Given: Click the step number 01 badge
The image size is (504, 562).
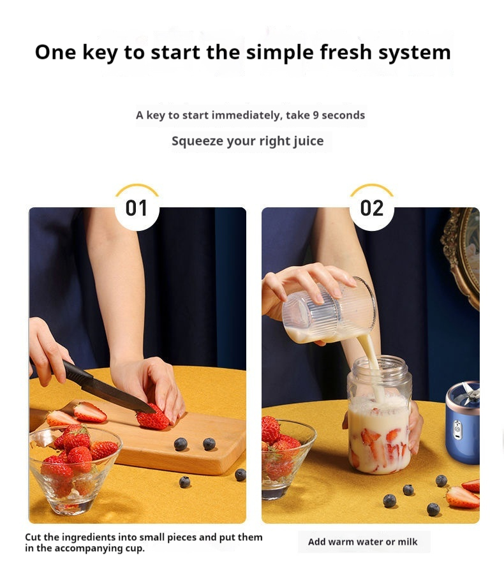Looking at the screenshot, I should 137,208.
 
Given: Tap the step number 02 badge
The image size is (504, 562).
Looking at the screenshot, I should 371,208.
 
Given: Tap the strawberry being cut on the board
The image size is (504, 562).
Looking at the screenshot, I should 152,418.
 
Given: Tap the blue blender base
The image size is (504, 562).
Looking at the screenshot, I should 461,427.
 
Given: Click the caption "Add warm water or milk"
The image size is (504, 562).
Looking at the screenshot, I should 363,542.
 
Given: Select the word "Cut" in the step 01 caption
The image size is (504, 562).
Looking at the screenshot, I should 33,537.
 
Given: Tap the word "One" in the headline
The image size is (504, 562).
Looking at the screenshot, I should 56,52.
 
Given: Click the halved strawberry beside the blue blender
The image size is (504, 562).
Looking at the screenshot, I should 462,496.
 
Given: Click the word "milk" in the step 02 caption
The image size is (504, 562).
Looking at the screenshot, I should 406,542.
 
